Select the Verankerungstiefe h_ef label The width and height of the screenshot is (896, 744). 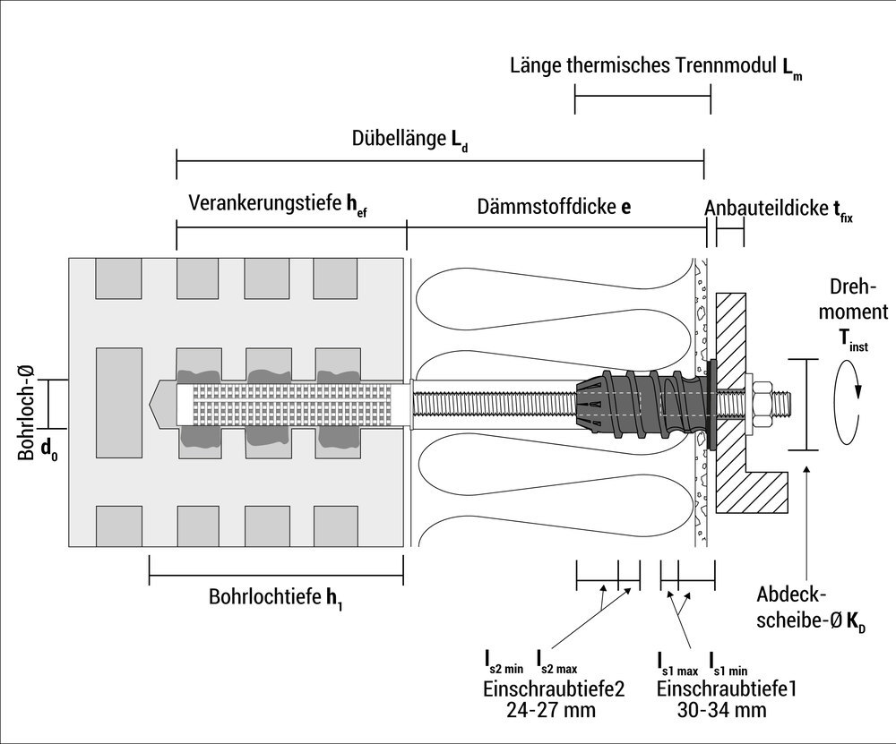click(277, 205)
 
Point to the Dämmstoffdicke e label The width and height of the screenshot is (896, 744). click(553, 207)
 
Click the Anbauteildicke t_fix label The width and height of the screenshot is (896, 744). click(777, 209)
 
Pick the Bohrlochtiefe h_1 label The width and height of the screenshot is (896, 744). click(275, 597)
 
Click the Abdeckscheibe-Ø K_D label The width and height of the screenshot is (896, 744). click(811, 608)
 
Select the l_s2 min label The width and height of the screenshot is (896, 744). click(504, 663)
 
